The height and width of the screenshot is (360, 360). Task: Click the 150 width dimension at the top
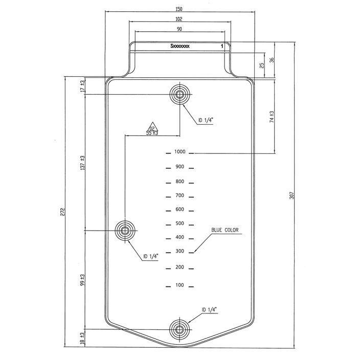pos(179,9)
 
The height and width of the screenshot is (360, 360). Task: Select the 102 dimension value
pos(179,19)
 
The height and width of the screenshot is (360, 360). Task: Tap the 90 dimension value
pos(179,29)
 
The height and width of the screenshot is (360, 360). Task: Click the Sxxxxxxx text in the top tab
pos(180,46)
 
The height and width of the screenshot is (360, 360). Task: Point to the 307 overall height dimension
pos(291,195)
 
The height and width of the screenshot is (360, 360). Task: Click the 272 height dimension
pos(63,212)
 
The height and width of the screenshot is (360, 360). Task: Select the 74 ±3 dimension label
pos(272,117)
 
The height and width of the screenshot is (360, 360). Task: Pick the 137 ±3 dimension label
pos(83,163)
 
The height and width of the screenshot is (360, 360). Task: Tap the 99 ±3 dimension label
pos(83,280)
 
